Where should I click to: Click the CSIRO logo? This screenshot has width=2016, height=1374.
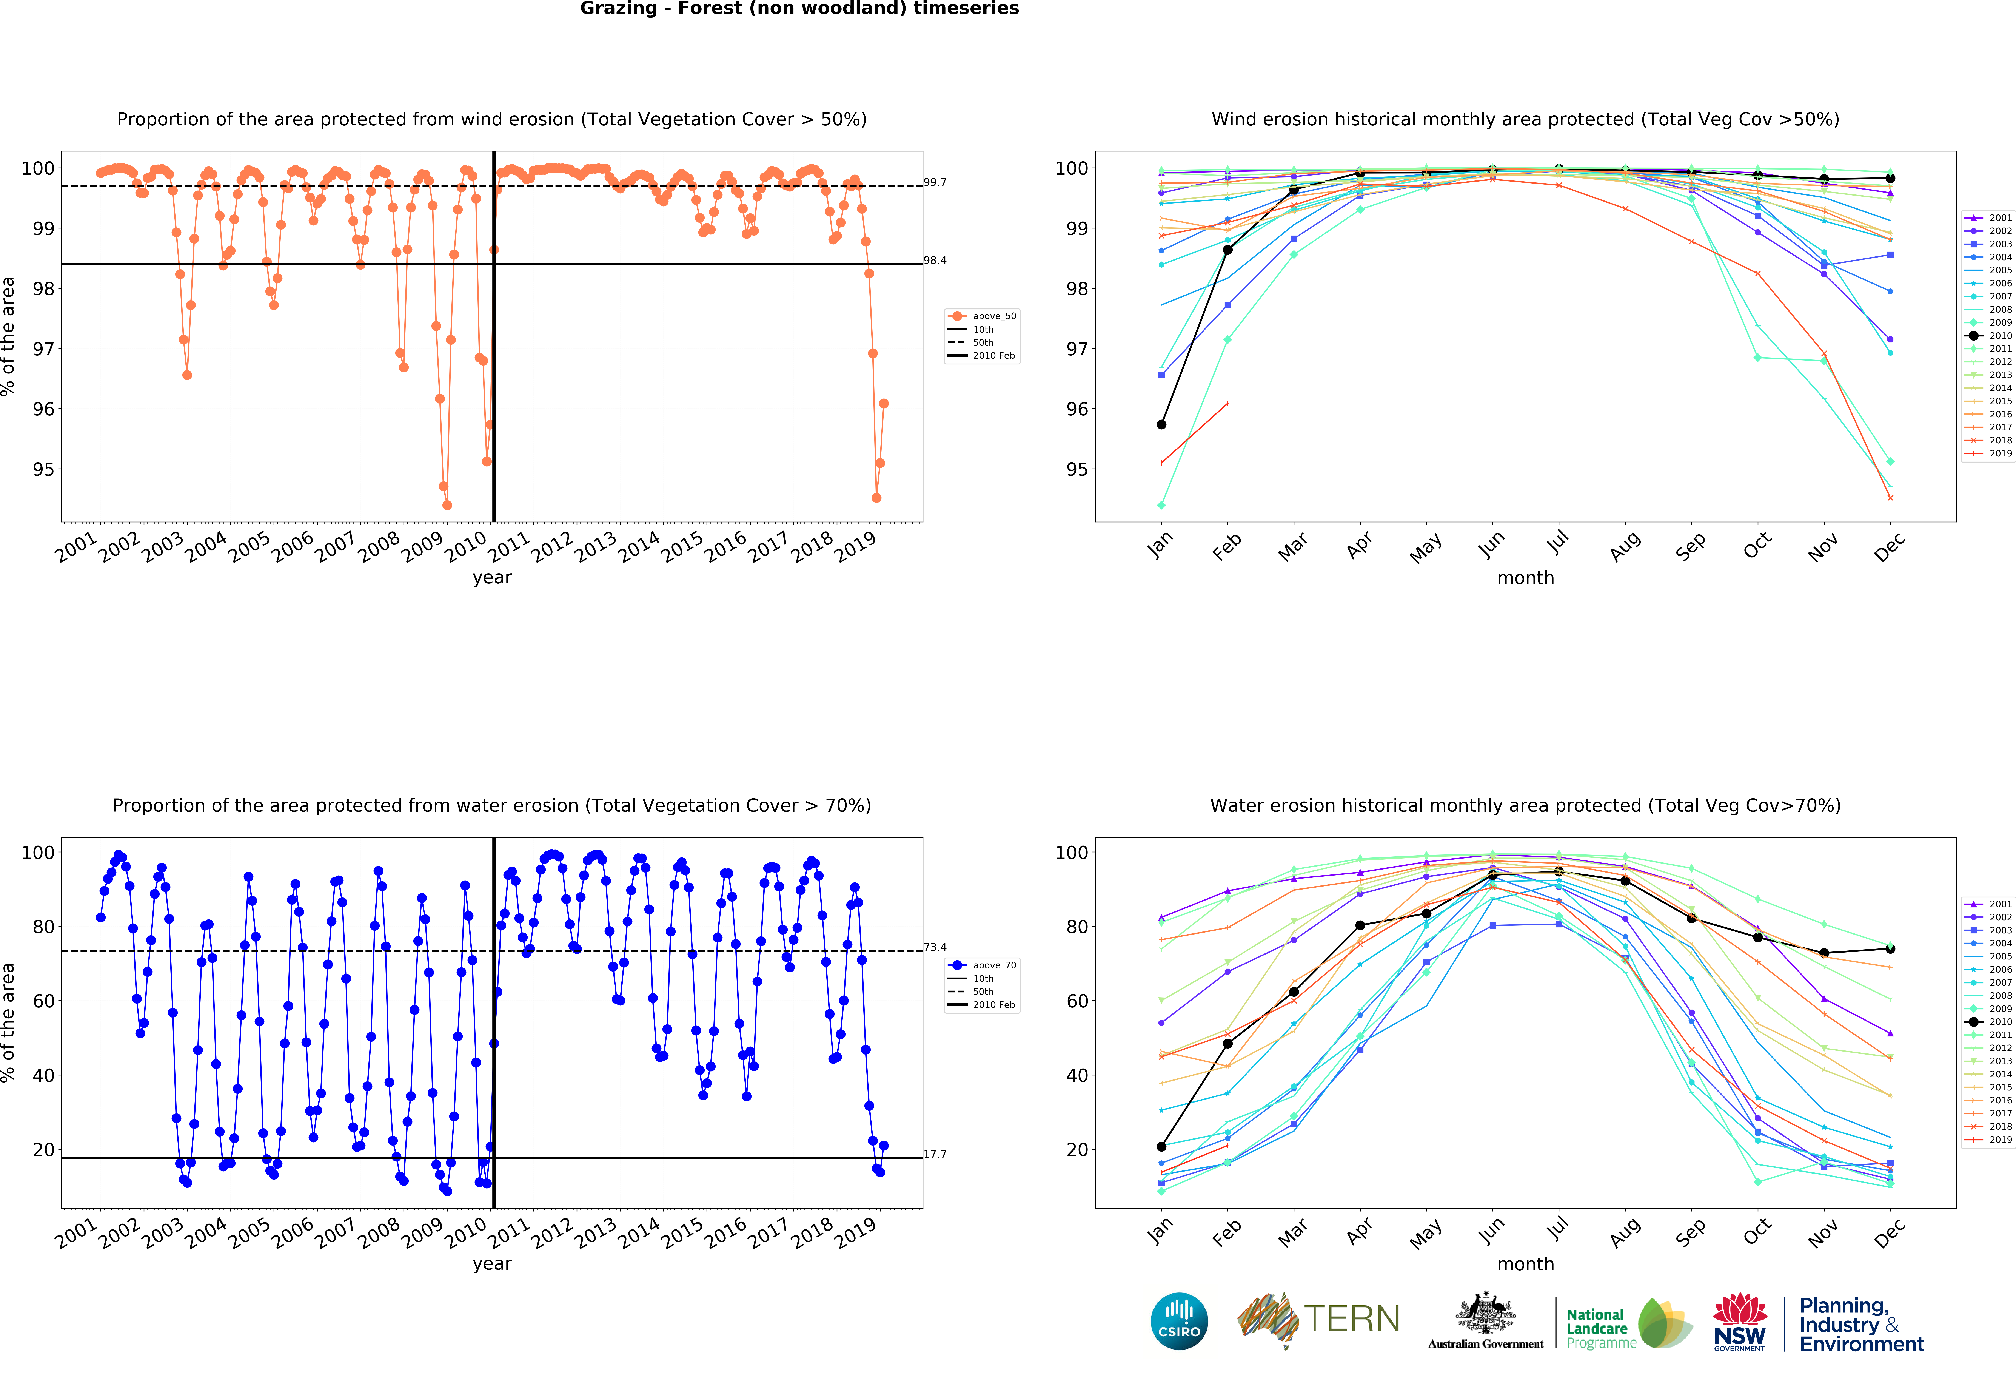[1179, 1321]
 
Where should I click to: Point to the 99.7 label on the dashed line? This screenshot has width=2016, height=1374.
[934, 182]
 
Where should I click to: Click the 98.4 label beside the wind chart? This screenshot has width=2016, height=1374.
[934, 260]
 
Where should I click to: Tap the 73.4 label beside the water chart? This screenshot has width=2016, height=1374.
[934, 947]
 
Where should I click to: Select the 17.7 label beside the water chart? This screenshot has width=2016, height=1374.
[934, 1154]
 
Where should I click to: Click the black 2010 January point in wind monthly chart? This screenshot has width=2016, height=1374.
[1161, 424]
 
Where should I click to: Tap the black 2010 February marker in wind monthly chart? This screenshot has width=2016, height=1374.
[1227, 250]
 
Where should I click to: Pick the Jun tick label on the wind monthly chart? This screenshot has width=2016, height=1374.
[1491, 545]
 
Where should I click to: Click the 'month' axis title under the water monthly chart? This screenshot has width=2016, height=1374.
[1525, 1264]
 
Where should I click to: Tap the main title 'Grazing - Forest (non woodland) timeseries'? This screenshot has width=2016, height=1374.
[799, 9]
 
